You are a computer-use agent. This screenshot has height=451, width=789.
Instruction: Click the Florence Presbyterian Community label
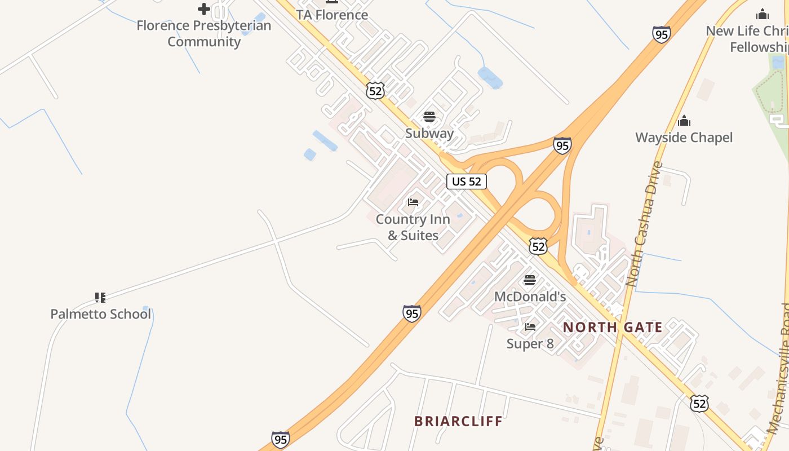(204, 33)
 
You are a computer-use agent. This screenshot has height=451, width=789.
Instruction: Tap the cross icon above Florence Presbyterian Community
(204, 9)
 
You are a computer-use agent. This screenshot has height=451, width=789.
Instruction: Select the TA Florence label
(332, 15)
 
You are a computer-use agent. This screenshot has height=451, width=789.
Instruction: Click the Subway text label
(429, 133)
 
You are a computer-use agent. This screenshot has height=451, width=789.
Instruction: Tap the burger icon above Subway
(429, 117)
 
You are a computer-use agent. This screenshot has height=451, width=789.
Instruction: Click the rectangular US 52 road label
(467, 182)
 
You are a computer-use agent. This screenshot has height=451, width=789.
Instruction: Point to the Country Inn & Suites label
(413, 227)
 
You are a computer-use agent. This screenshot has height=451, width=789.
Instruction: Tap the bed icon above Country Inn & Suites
(413, 202)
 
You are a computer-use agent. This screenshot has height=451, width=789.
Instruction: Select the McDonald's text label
(530, 297)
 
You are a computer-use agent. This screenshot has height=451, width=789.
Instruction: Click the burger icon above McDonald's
(530, 280)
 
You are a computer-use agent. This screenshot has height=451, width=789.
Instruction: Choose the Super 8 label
(530, 343)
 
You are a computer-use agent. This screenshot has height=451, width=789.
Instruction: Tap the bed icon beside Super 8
(530, 327)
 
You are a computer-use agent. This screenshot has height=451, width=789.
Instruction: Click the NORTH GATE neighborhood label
(613, 327)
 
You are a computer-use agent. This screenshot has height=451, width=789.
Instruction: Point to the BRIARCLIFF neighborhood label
(458, 421)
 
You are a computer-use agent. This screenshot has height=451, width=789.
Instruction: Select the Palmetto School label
(101, 314)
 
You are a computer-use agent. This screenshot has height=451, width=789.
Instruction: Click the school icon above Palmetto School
(100, 297)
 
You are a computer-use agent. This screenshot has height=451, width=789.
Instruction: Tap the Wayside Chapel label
(684, 138)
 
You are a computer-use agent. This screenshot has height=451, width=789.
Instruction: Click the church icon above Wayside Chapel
(684, 121)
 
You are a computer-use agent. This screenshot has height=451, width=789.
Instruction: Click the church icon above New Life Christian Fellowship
(763, 15)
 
